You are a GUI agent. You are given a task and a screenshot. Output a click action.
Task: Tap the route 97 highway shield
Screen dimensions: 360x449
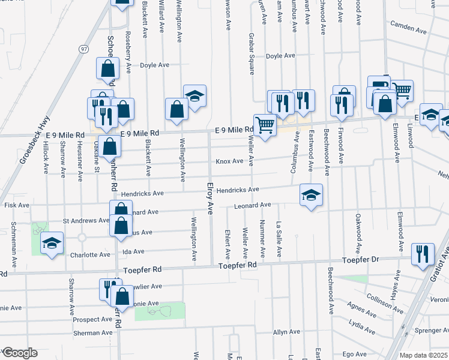pyautogui.click(x=82, y=47)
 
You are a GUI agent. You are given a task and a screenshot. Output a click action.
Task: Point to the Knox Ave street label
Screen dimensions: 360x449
pyautogui.click(x=229, y=161)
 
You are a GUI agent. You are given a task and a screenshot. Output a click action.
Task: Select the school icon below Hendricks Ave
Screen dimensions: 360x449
pyautogui.click(x=311, y=196)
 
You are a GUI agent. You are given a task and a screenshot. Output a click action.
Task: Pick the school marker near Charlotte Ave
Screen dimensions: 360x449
pyautogui.click(x=52, y=244)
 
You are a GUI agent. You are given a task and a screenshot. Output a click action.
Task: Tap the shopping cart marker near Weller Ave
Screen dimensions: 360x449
pyautogui.click(x=265, y=125)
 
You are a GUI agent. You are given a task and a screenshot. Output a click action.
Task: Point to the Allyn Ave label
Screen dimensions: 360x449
pyautogui.click(x=286, y=332)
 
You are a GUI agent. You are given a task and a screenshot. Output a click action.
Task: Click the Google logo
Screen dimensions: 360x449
pyautogui.click(x=20, y=353)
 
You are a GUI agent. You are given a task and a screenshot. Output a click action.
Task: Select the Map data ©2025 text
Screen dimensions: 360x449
pyautogui.click(x=424, y=355)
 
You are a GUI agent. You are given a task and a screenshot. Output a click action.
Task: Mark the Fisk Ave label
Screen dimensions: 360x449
pyautogui.click(x=16, y=205)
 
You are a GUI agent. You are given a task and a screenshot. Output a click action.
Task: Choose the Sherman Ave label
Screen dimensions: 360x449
pyautogui.click(x=92, y=332)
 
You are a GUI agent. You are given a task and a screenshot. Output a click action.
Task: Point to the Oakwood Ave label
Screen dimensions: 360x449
pyautogui.click(x=358, y=232)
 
